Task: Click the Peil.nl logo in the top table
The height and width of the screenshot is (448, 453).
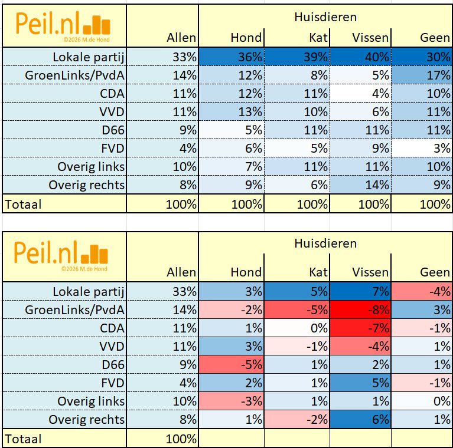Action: point(63,25)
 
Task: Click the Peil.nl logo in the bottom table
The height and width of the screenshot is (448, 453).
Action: point(63,254)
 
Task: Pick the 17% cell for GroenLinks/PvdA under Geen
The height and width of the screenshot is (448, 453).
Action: point(422,75)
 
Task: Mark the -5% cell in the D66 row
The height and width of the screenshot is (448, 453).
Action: point(231,365)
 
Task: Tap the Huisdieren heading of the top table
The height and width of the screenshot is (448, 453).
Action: point(325,17)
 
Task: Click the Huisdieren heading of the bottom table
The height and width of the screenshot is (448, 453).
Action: point(325,243)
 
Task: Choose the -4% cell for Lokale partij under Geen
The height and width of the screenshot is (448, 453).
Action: point(422,291)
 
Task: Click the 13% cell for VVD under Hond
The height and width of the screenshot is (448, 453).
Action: point(231,112)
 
